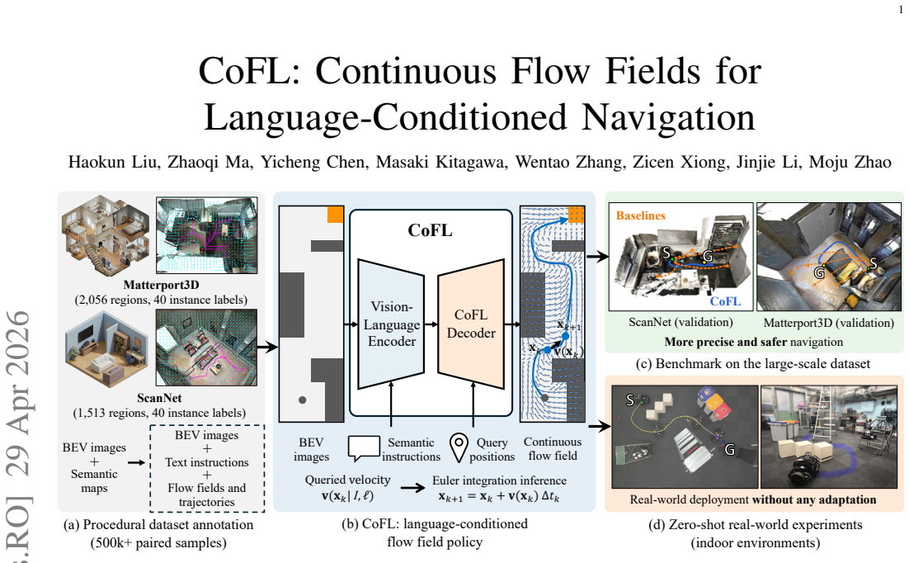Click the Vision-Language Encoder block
pyautogui.click(x=391, y=324)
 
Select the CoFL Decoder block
pyautogui.click(x=471, y=324)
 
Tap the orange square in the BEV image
pyautogui.click(x=335, y=214)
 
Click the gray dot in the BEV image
pyautogui.click(x=302, y=400)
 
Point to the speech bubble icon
pyautogui.click(x=364, y=448)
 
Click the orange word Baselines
pyautogui.click(x=641, y=215)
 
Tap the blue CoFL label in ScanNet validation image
pyautogui.click(x=725, y=301)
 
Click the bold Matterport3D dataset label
pyautogui.click(x=161, y=285)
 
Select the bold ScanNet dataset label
pyautogui.click(x=159, y=398)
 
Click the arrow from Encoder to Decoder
pyautogui.click(x=431, y=324)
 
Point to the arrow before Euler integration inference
pyautogui.click(x=412, y=488)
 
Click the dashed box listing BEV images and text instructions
pyautogui.click(x=207, y=468)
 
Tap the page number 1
pyautogui.click(x=900, y=9)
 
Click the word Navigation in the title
pyautogui.click(x=668, y=117)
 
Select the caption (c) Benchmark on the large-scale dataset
pyautogui.click(x=753, y=364)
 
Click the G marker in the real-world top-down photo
pyautogui.click(x=729, y=449)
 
